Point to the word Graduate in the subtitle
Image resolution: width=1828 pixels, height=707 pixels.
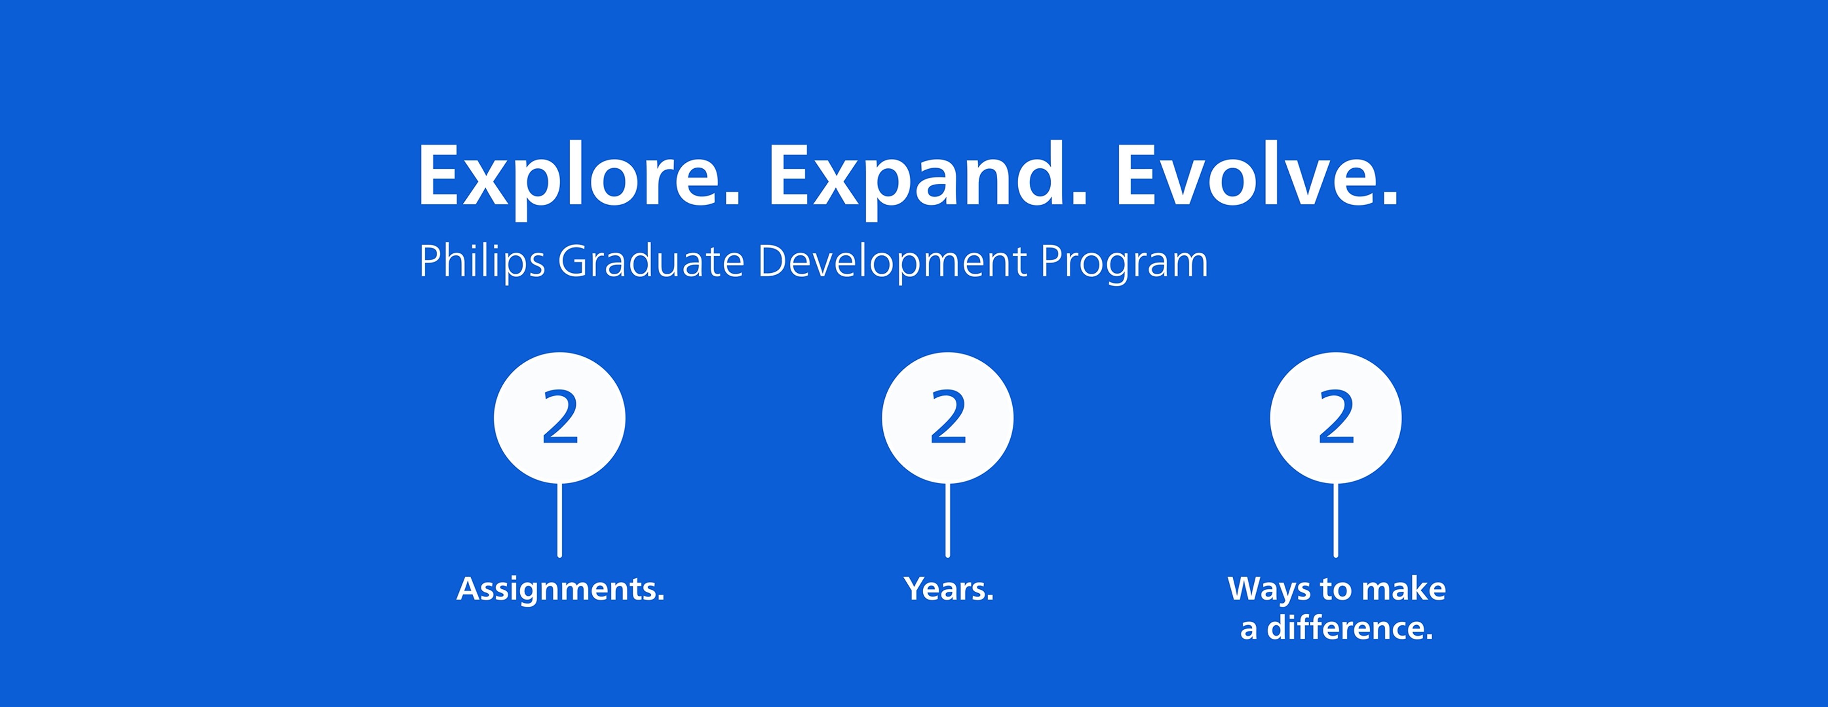click(x=651, y=261)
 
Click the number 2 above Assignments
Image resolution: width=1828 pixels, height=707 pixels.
click(x=560, y=418)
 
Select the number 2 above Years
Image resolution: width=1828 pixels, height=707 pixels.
click(x=948, y=418)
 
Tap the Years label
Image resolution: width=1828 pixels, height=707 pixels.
click(x=948, y=588)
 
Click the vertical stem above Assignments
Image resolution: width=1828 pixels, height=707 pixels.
click(x=560, y=520)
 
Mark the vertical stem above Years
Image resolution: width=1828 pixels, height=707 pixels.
click(x=948, y=520)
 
